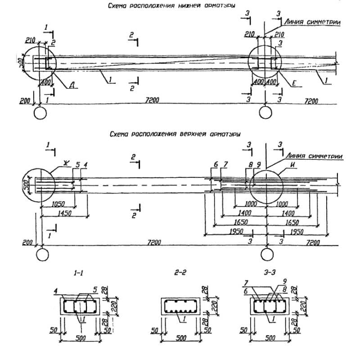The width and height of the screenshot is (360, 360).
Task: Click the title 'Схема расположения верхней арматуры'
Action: (175, 134)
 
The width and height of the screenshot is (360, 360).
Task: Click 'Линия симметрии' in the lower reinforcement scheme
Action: (311, 22)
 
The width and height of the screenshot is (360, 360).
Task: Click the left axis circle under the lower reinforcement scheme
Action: (40, 111)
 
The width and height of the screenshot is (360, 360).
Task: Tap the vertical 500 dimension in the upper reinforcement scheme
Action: (27, 184)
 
